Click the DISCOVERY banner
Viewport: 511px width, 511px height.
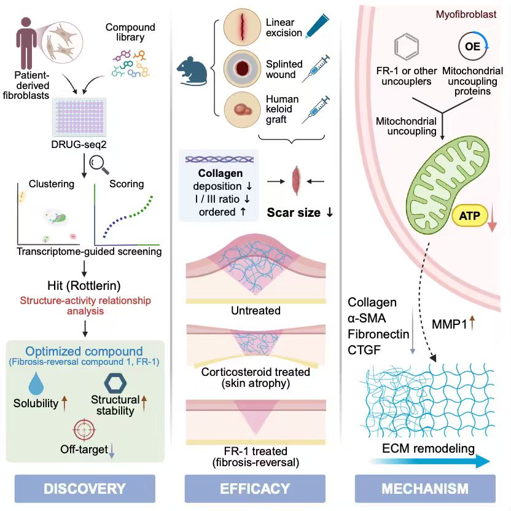(x=85, y=488)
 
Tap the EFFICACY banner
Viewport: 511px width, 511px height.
(x=255, y=488)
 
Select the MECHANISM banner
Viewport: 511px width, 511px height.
(x=425, y=488)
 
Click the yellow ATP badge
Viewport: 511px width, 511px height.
(x=470, y=216)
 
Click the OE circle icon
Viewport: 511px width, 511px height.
(x=473, y=46)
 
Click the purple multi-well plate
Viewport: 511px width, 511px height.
(x=79, y=117)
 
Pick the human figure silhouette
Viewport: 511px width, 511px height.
(x=27, y=43)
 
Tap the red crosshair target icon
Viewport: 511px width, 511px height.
(x=84, y=430)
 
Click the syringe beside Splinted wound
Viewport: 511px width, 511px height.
(x=316, y=68)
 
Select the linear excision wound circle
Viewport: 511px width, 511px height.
(x=242, y=27)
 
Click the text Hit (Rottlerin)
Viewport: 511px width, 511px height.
(x=84, y=286)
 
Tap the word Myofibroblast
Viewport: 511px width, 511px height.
(x=466, y=14)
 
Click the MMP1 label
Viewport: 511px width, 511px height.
(x=450, y=324)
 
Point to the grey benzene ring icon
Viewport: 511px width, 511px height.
(x=407, y=46)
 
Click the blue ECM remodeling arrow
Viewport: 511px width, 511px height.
(x=430, y=461)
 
